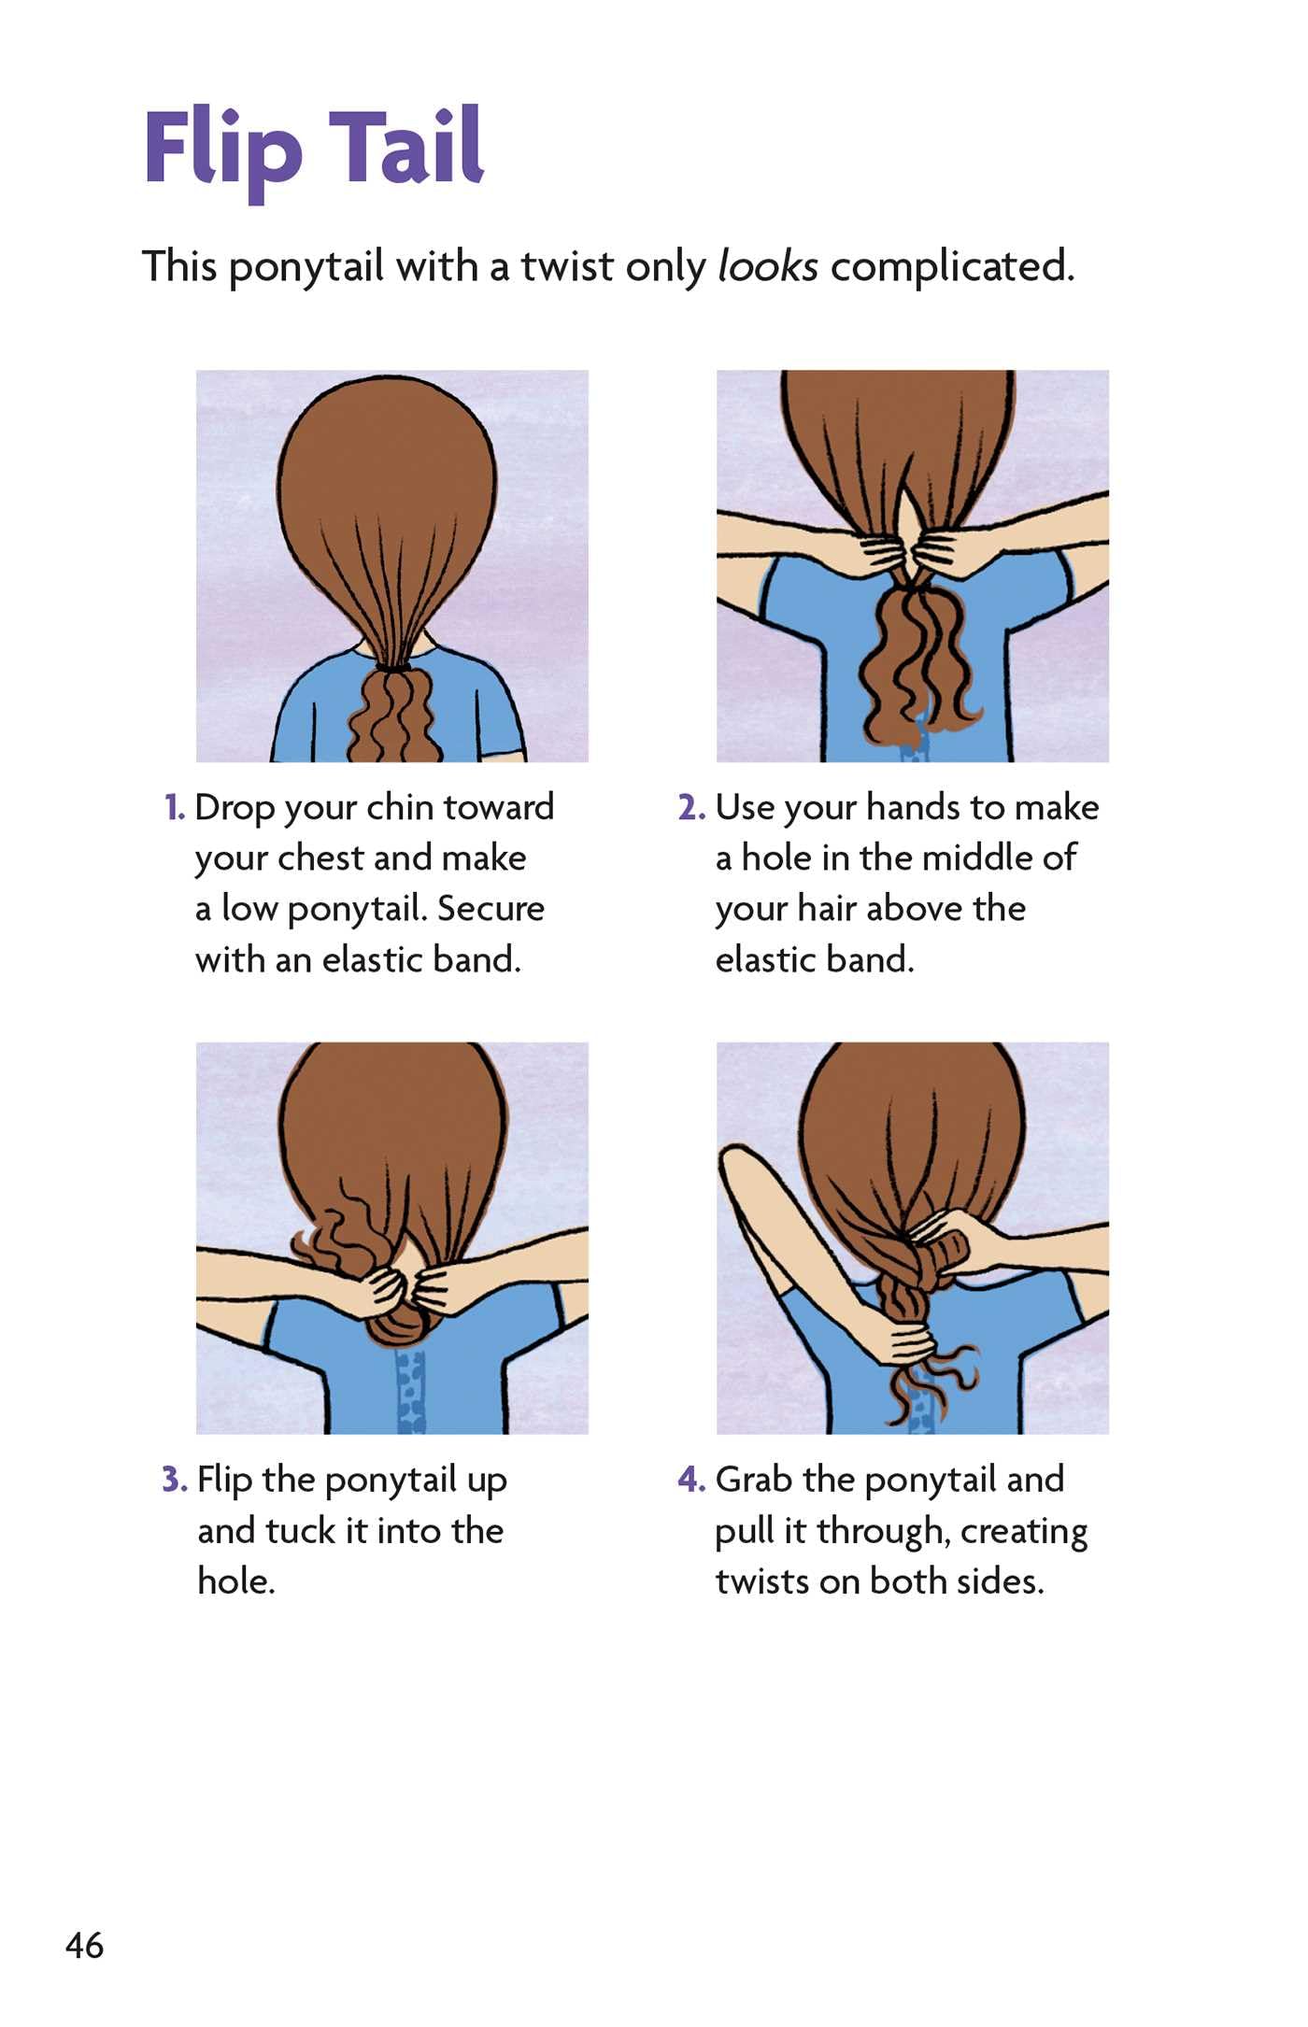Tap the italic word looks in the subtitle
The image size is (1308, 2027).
tap(767, 266)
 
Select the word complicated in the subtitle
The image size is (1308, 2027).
tap(952, 268)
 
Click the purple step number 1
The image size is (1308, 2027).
tap(175, 808)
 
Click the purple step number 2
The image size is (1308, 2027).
tap(691, 808)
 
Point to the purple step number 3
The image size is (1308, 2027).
tap(175, 1481)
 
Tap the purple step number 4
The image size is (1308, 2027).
tap(691, 1481)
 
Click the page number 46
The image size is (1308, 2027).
tap(85, 1946)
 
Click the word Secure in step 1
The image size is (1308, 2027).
tap(490, 909)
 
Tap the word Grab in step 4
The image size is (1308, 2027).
tap(754, 1481)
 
